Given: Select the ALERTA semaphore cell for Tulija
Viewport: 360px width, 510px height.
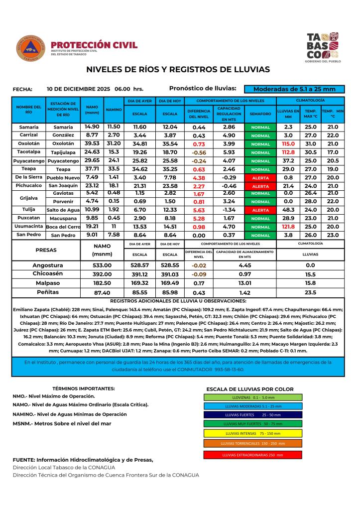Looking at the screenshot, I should (x=260, y=210).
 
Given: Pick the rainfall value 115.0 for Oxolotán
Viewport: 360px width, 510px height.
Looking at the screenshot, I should (x=288, y=143).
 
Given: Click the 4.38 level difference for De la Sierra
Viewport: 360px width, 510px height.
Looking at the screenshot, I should (x=199, y=177).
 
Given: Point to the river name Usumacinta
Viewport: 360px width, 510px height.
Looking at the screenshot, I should (x=28, y=227).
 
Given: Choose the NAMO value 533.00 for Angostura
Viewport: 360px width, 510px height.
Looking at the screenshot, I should (x=103, y=265).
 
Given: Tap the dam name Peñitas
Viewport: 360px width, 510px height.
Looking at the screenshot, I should (x=48, y=292).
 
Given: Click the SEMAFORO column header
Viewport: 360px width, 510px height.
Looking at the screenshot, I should (x=260, y=114).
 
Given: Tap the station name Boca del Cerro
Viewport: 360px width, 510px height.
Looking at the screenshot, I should (x=63, y=227).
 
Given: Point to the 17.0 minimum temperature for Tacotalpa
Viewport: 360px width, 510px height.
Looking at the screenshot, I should (x=333, y=152).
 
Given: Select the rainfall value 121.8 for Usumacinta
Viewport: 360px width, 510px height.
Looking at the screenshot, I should (x=288, y=227).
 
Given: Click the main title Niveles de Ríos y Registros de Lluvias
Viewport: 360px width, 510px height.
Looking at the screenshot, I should (x=178, y=69).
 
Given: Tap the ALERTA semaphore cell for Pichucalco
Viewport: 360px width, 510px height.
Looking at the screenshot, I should (x=260, y=186).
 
